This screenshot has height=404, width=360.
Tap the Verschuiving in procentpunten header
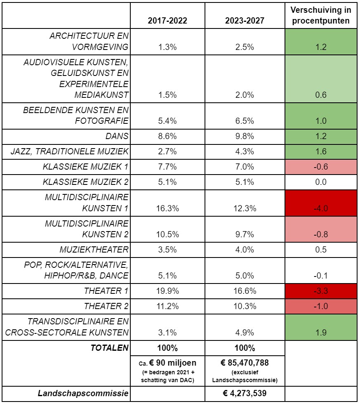coord(320,15)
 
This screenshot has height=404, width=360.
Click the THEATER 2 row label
coord(106,306)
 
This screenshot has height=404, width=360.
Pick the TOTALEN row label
coord(110,347)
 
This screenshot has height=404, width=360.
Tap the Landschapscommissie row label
coord(83,394)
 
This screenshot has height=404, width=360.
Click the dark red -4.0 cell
coord(320,208)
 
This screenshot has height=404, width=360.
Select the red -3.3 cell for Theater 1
coord(320,291)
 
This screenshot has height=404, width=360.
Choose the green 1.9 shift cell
coord(320,333)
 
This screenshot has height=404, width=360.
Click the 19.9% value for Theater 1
coord(167,291)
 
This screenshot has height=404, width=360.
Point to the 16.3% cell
coord(167,208)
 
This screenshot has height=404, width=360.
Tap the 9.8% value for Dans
coord(245,137)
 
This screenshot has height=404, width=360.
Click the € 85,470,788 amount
coord(245,363)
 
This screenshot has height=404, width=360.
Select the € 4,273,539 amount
coord(245,394)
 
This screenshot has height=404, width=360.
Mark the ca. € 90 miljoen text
coord(167,363)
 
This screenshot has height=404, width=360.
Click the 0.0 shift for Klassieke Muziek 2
coord(320,182)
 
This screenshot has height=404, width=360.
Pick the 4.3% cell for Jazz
coord(245,151)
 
